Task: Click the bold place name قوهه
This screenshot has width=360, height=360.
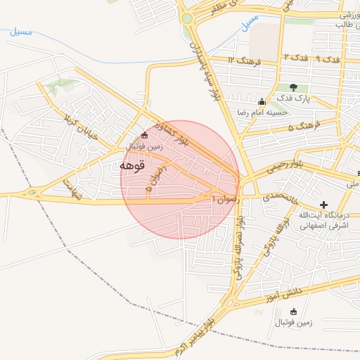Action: [132, 166]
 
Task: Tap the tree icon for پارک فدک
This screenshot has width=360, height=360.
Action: [293, 87]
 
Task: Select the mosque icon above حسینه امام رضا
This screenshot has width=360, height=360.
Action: [262, 101]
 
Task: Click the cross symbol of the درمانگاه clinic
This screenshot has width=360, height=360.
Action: [323, 205]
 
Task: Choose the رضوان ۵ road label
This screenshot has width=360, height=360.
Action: [157, 179]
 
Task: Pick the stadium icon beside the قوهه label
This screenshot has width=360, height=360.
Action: [145, 135]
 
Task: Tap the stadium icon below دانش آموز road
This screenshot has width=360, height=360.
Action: [293, 311]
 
